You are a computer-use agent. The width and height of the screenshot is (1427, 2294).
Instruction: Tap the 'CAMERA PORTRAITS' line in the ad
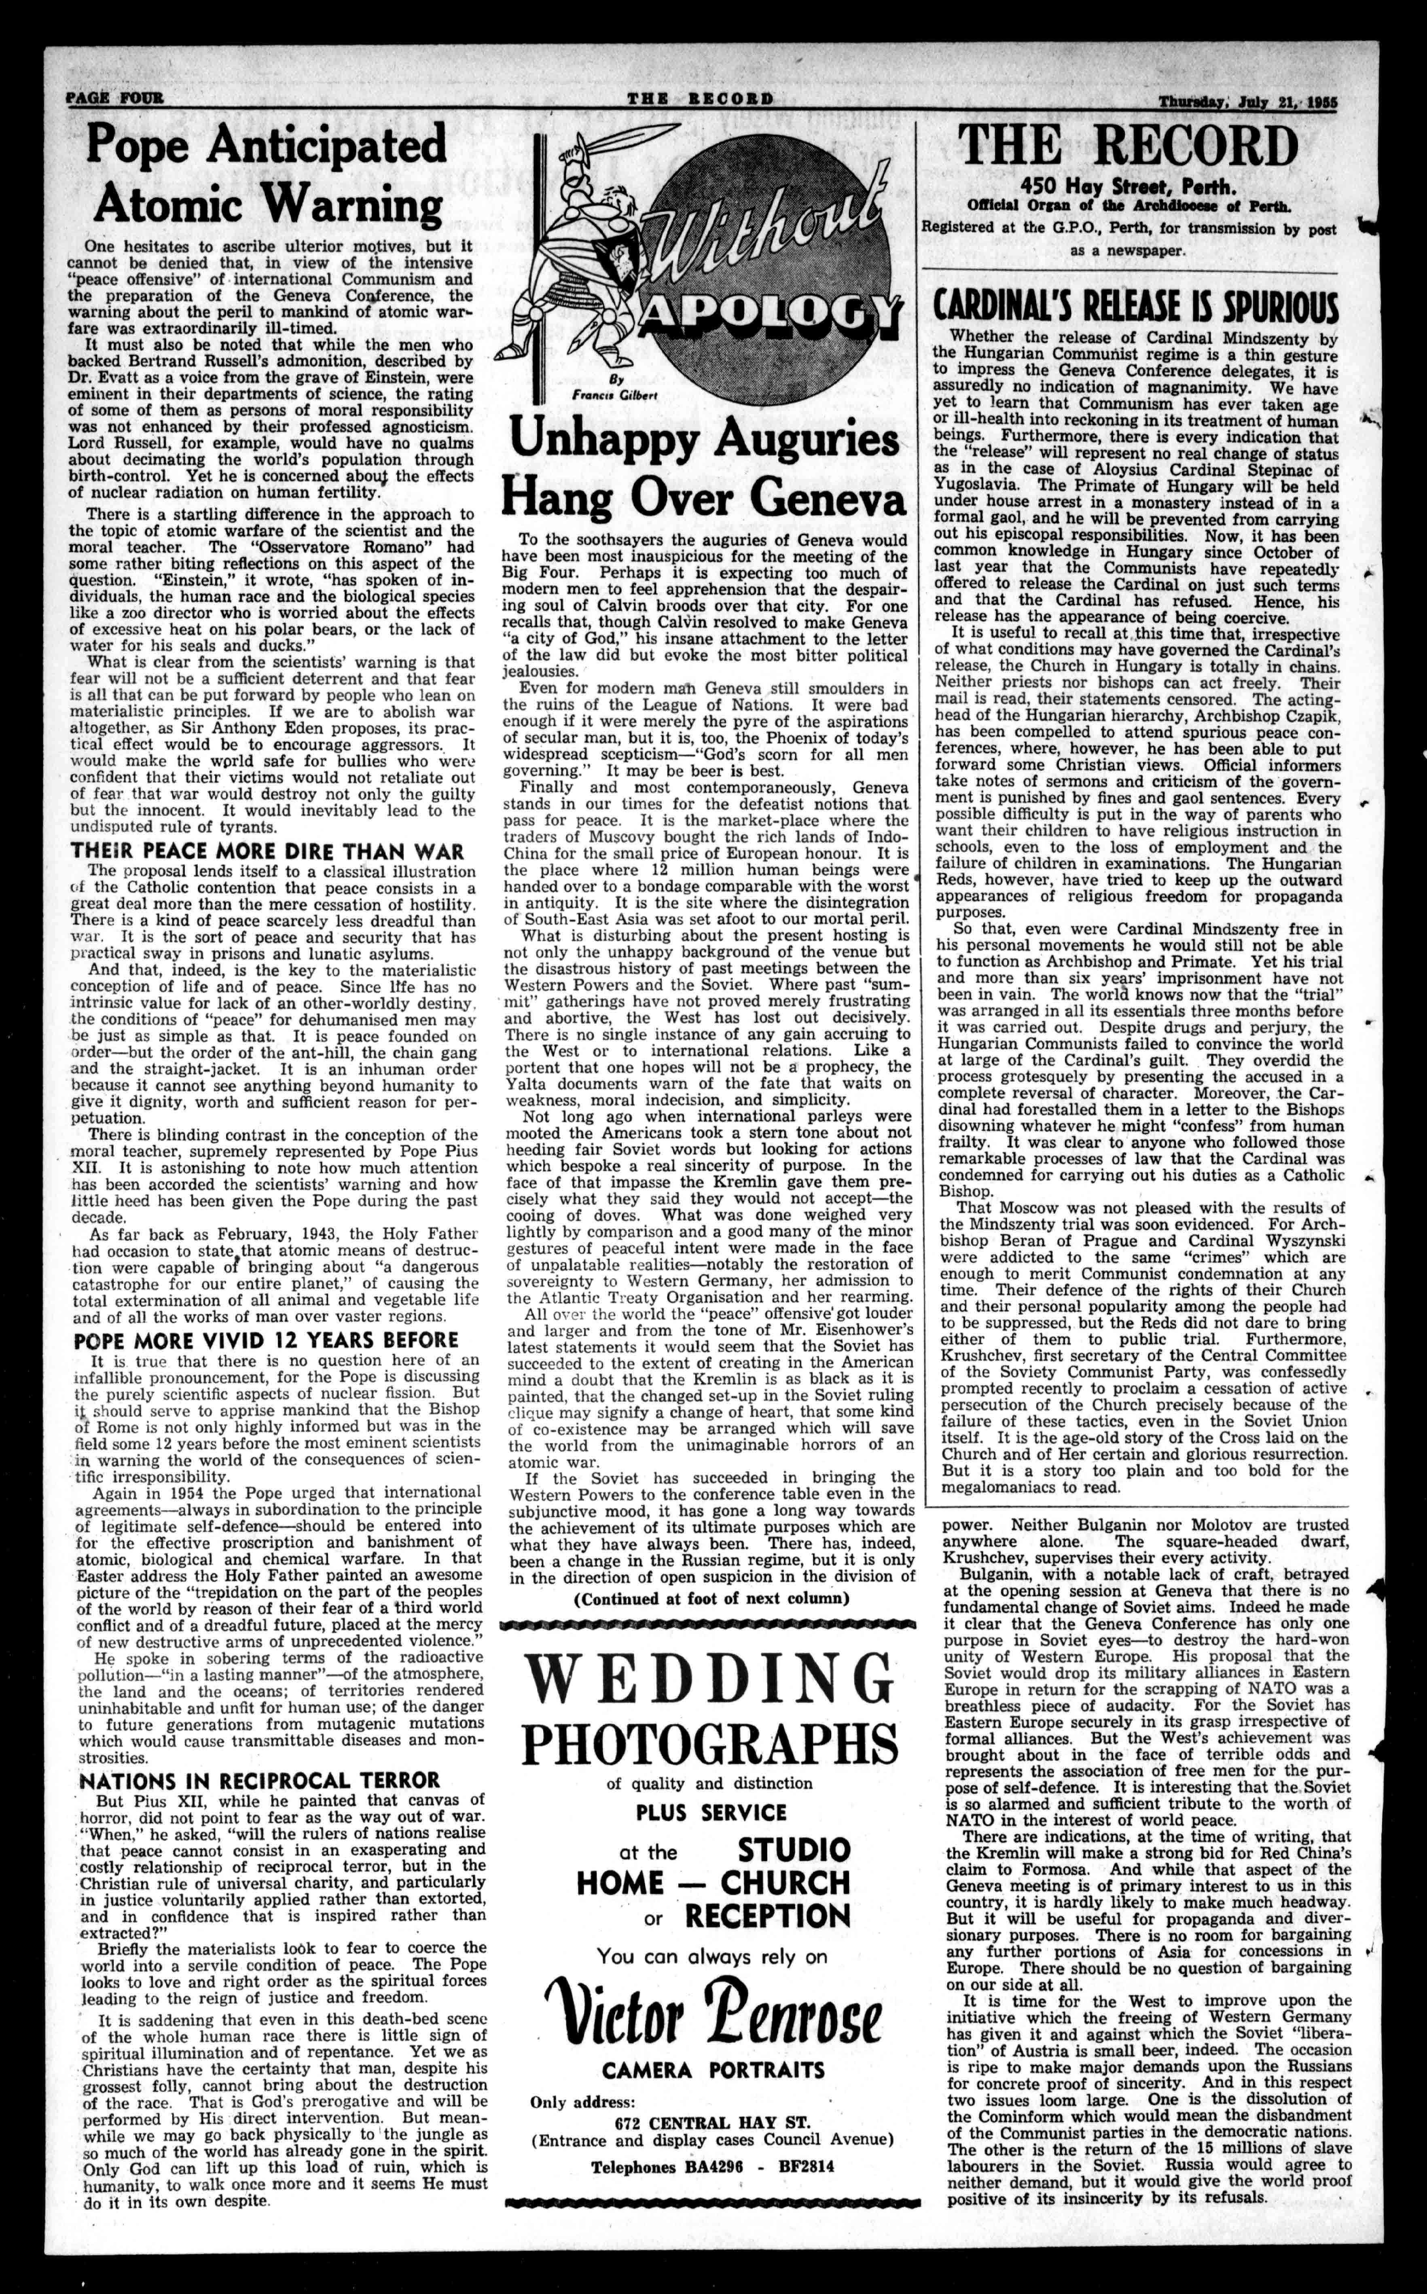[x=713, y=2070]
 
